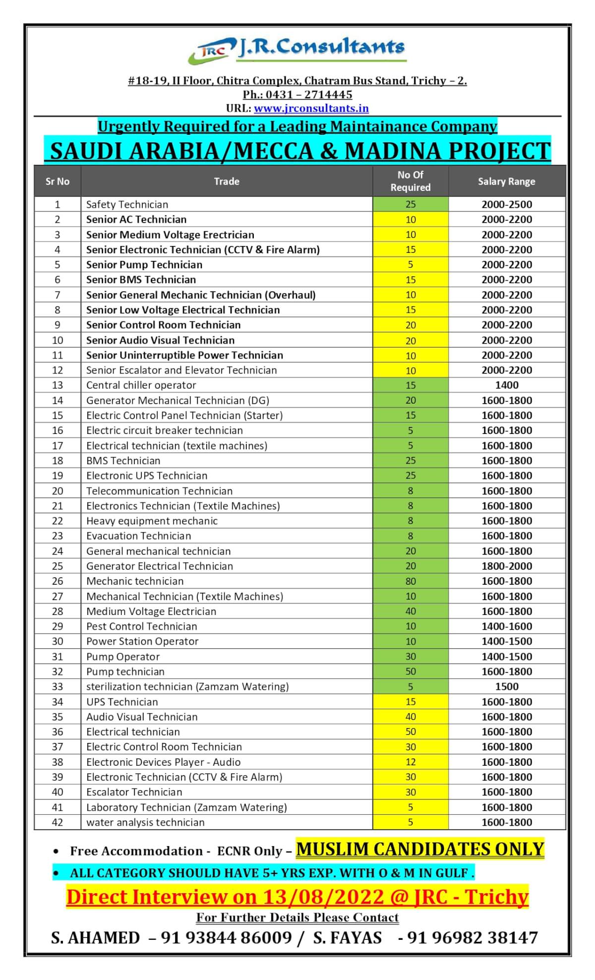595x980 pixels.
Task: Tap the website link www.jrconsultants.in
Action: click(x=311, y=108)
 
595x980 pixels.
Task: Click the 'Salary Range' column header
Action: click(x=506, y=182)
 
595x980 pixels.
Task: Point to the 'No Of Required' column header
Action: click(x=410, y=181)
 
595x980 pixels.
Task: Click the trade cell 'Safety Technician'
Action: click(x=127, y=204)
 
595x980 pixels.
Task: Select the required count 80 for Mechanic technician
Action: click(x=411, y=581)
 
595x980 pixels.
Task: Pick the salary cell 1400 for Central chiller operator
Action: click(x=506, y=385)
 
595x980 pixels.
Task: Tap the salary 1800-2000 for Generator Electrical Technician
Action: click(x=506, y=566)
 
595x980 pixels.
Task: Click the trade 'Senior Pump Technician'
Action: click(x=144, y=264)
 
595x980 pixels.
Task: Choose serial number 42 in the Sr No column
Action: click(x=58, y=822)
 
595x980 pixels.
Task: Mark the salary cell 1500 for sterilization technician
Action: click(x=506, y=686)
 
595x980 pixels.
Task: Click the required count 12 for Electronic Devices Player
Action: click(x=411, y=762)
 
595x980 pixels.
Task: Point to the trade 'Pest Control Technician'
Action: click(x=141, y=626)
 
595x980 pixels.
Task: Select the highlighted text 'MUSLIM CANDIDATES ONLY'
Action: click(x=420, y=849)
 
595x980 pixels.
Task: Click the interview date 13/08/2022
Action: click(x=323, y=897)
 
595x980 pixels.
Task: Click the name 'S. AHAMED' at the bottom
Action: click(x=95, y=937)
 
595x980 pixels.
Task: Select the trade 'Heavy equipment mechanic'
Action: click(x=152, y=521)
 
